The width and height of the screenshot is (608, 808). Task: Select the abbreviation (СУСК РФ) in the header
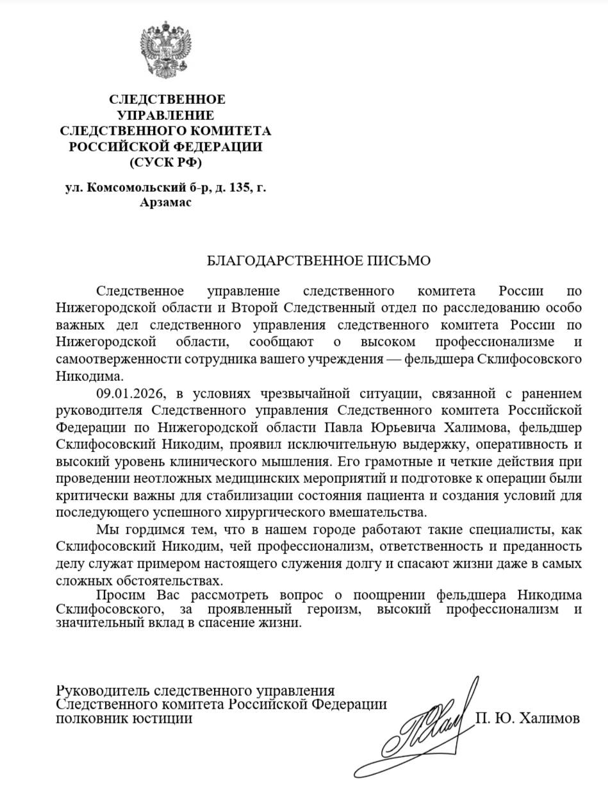point(165,162)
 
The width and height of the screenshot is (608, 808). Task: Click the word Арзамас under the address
point(165,203)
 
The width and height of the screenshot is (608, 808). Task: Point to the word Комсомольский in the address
point(127,188)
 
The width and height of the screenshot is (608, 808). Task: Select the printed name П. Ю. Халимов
point(527,718)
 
